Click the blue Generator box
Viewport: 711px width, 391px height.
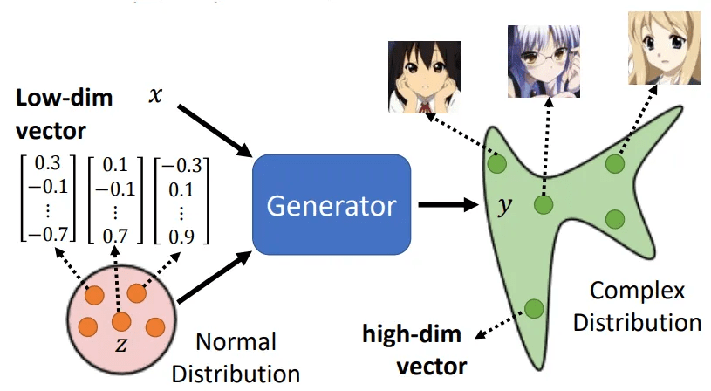coord(332,206)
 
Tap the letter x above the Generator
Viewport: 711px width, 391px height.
coord(155,94)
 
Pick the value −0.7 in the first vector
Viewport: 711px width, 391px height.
coord(45,231)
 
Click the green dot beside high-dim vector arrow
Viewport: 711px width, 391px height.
coord(533,308)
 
